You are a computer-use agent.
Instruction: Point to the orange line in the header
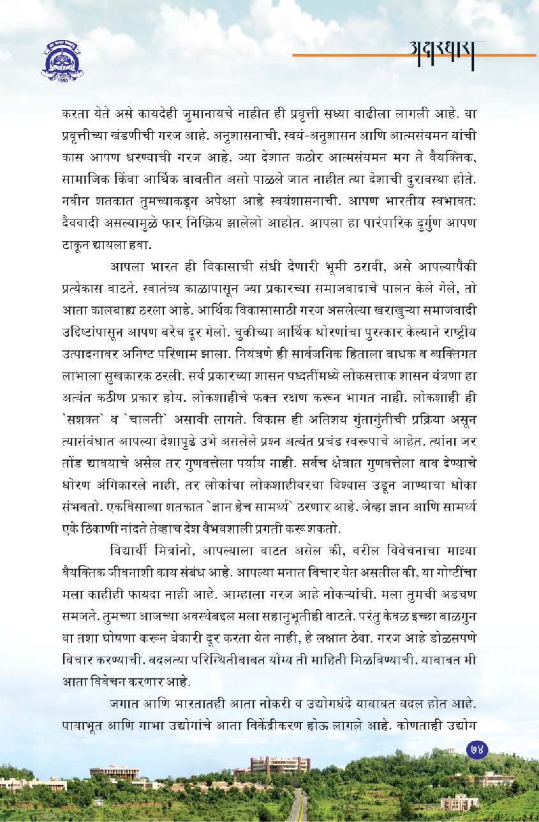(x=357, y=56)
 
